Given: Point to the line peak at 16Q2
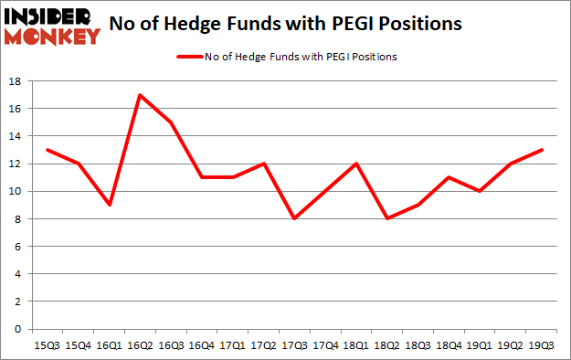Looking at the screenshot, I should click(140, 95).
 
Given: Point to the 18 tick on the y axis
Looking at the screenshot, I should click(16, 81).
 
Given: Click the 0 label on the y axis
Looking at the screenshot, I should click(18, 329).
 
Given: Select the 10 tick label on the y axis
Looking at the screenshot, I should click(16, 191).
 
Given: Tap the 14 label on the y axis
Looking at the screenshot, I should click(16, 136).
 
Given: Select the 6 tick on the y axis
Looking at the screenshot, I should click(18, 246).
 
